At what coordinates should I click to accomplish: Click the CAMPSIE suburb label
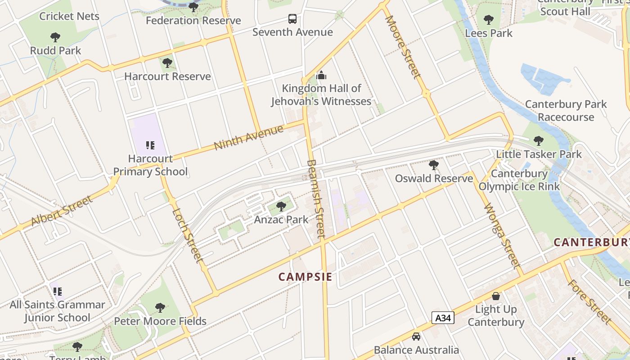(305, 277)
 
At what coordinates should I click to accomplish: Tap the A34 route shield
(443, 318)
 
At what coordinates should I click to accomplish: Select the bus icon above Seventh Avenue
(292, 19)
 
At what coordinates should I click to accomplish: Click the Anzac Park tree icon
(281, 207)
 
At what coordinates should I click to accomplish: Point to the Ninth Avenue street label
(249, 137)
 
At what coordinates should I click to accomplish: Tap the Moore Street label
(403, 46)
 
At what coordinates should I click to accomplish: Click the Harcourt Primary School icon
(150, 145)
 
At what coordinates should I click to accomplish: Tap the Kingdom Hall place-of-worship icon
(321, 75)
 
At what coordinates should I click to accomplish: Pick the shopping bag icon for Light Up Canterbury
(495, 296)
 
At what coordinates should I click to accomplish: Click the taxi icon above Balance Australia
(416, 337)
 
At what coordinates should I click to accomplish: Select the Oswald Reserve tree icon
(434, 165)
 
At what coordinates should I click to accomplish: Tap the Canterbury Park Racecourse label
(566, 111)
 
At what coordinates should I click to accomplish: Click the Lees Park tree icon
(489, 20)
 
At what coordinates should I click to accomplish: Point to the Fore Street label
(589, 301)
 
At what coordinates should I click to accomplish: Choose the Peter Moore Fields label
(160, 321)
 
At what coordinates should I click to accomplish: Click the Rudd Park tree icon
(55, 37)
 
